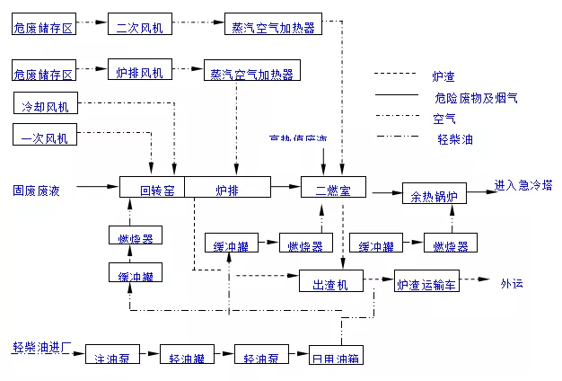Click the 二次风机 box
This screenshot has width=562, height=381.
pos(138,27)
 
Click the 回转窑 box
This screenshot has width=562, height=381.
pos(153,189)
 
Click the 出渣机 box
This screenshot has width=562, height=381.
pos(330,283)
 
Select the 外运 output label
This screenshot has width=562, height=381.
pos(512,283)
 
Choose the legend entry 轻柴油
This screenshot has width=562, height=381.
pos(455,139)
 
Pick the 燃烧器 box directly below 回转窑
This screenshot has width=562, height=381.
pos(135,238)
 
